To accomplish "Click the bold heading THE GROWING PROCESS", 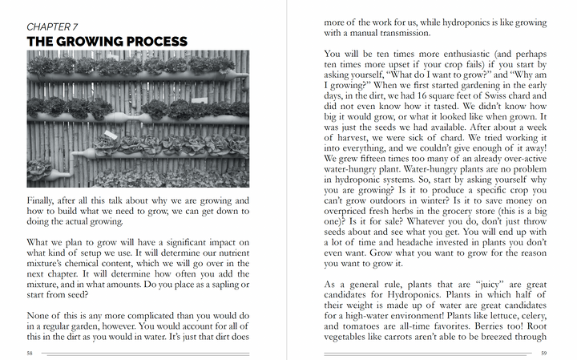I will click(107, 41).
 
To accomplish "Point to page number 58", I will click(30, 352).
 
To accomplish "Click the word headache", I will click(427, 242).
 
